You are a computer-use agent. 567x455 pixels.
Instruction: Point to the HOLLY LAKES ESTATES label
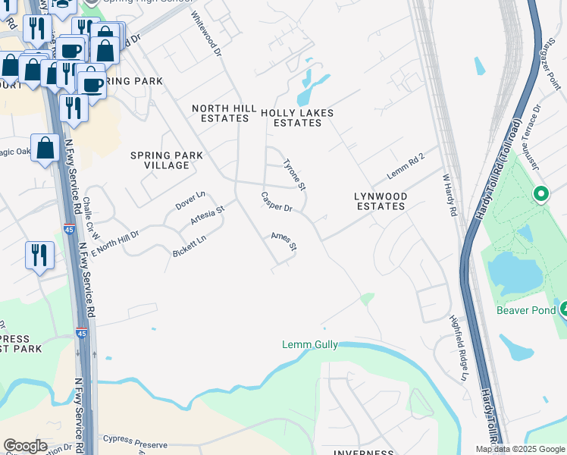[x=297, y=118]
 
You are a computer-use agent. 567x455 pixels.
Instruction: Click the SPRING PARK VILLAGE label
[x=167, y=160]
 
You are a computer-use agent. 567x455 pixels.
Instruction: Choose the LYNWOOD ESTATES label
[x=381, y=201]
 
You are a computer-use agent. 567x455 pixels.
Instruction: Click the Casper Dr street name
[x=277, y=202]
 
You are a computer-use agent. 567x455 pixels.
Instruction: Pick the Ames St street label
[x=283, y=242]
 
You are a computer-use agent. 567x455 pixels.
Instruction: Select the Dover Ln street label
[x=190, y=200]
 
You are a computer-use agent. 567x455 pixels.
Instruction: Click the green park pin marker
[x=540, y=194]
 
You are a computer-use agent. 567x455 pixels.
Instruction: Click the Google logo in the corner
[x=25, y=446]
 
